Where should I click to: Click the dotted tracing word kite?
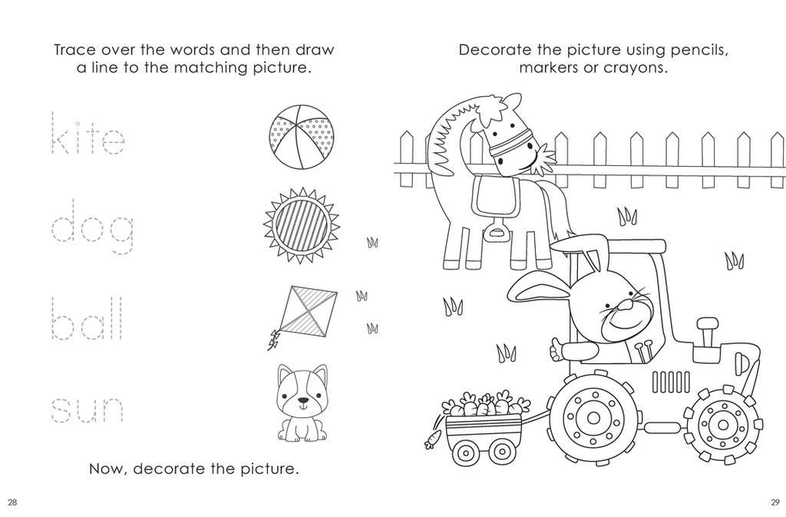[x=88, y=133]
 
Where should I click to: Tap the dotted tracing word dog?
[x=92, y=227]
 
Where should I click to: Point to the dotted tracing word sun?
[x=87, y=410]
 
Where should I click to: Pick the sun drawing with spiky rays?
[x=302, y=224]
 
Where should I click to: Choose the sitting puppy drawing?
[x=302, y=403]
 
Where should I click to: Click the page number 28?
[x=13, y=502]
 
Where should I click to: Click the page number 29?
[x=775, y=502]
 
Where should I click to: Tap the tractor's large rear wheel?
[x=593, y=417]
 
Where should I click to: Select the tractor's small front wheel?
[x=723, y=425]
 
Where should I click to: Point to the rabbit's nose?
[x=625, y=304]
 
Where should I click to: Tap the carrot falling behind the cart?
[x=431, y=439]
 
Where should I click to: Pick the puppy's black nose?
[x=302, y=401]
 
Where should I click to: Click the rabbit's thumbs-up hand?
[x=556, y=349]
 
